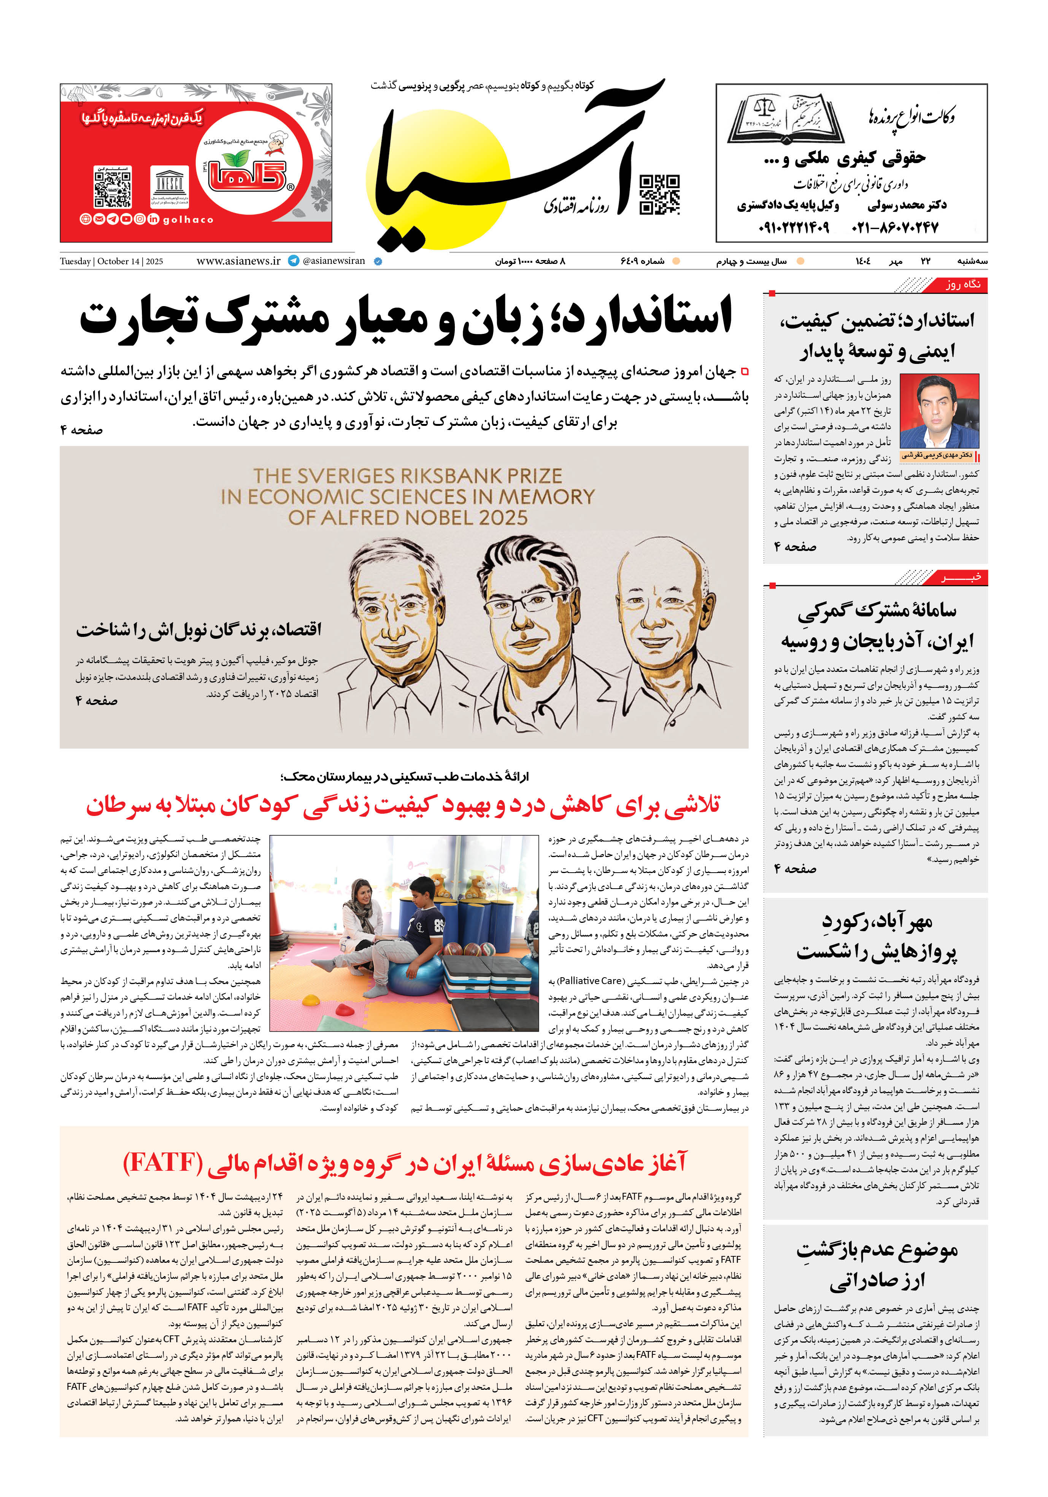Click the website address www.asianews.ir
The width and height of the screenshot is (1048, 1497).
[x=238, y=261]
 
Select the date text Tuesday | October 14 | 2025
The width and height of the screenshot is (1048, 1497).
[x=111, y=262]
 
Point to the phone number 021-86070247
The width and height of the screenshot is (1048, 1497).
[x=895, y=227]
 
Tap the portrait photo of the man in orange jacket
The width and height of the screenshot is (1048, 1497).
[x=939, y=411]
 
